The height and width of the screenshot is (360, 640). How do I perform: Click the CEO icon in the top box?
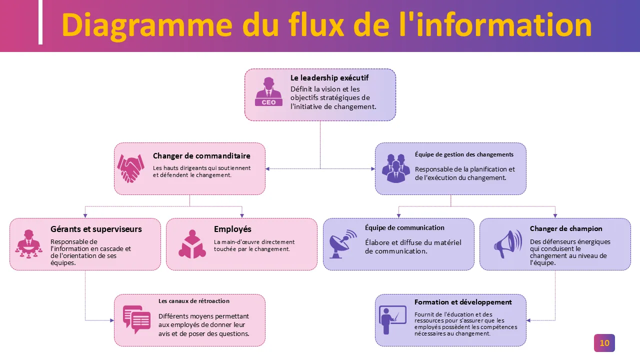click(x=268, y=91)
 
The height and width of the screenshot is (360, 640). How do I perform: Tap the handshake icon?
click(x=130, y=168)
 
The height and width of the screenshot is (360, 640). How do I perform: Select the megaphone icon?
click(x=507, y=244)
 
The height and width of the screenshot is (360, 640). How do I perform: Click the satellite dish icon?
click(x=343, y=243)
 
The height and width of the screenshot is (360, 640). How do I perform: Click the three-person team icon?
click(x=396, y=168)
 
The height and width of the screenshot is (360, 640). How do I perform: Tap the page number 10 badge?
click(x=604, y=343)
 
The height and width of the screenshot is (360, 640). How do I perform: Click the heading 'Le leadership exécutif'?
click(x=329, y=78)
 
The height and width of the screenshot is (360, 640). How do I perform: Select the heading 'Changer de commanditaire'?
click(x=201, y=156)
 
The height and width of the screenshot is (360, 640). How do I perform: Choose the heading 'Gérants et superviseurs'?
click(x=96, y=229)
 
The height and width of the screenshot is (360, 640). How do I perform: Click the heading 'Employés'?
click(x=232, y=229)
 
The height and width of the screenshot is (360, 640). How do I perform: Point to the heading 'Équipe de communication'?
click(x=404, y=228)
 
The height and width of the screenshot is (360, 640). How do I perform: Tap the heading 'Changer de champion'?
click(x=566, y=228)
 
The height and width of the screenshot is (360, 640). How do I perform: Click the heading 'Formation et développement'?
click(x=463, y=302)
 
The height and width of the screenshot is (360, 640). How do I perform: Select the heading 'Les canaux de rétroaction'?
click(x=194, y=301)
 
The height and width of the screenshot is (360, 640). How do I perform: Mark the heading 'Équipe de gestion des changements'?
click(x=464, y=154)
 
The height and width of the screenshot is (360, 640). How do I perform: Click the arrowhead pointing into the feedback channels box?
click(x=111, y=320)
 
